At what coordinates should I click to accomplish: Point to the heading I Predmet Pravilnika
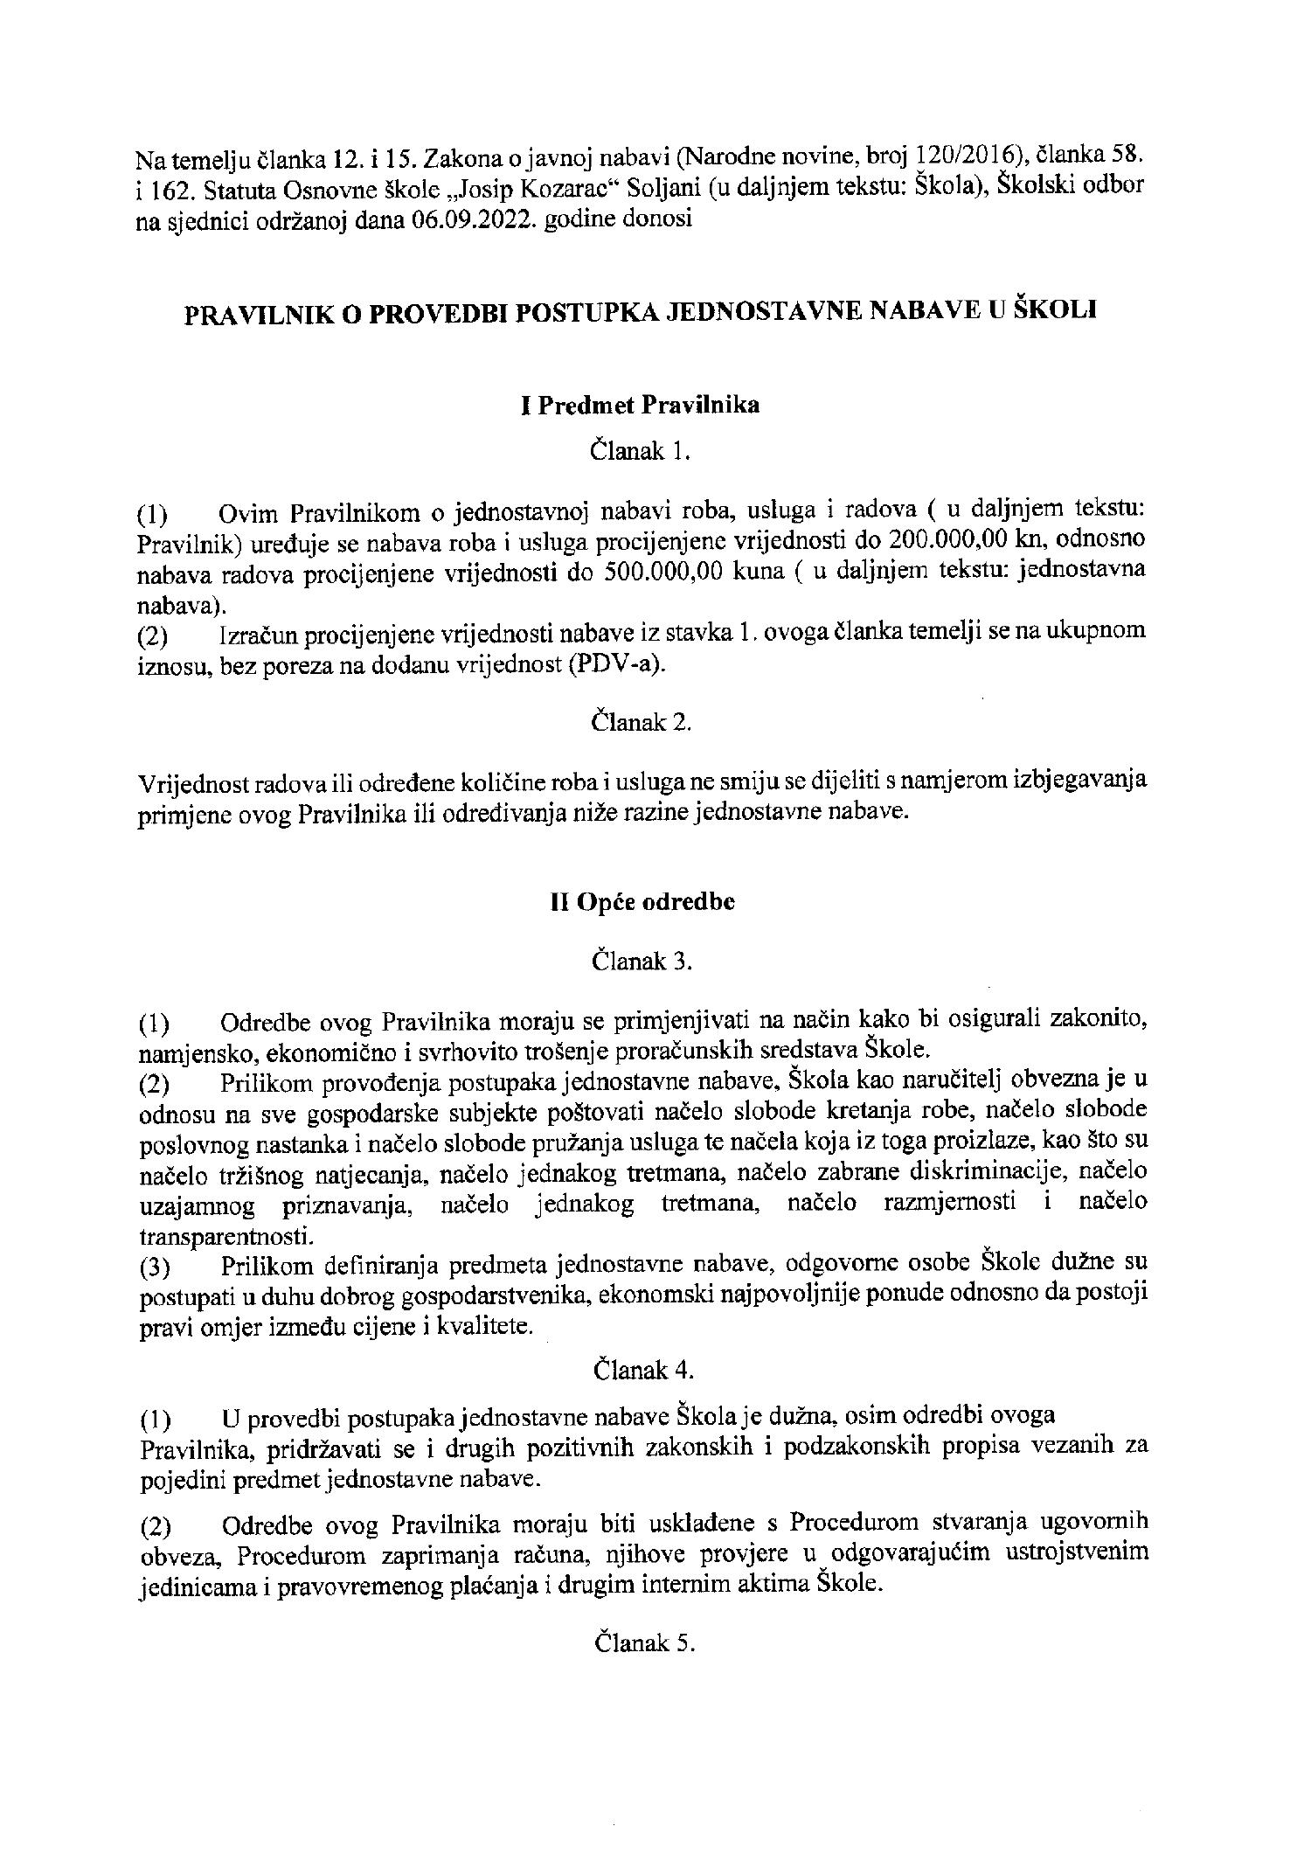640,406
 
